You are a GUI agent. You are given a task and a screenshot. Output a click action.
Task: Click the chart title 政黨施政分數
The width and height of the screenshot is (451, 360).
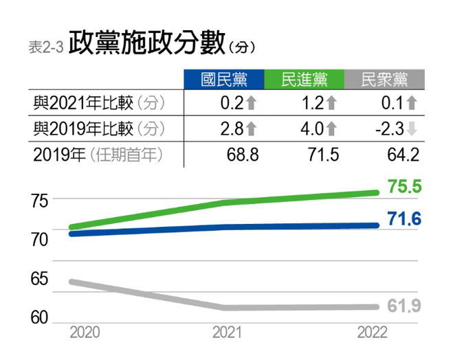[146, 43]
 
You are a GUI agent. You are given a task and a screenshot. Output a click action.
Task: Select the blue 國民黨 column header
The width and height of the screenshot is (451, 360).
[224, 80]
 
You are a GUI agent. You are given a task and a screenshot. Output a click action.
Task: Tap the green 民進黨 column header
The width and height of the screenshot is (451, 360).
[305, 80]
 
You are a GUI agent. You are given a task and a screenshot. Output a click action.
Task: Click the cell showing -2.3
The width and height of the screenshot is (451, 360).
[389, 128]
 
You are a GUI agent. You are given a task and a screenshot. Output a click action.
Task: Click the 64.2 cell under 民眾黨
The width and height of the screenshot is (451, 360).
[403, 154]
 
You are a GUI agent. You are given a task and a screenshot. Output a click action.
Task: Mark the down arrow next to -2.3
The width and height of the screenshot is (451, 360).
[412, 128]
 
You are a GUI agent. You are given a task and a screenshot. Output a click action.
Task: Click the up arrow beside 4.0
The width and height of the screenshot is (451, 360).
[331, 128]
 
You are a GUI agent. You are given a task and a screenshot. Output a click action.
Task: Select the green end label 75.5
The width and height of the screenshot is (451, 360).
[404, 187]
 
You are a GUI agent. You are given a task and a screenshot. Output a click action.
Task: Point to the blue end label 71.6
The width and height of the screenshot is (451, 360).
[404, 220]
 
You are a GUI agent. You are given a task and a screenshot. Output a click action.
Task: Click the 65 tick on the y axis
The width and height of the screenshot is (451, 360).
[40, 280]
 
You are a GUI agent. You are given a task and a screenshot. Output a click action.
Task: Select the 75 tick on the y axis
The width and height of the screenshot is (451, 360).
[40, 201]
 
